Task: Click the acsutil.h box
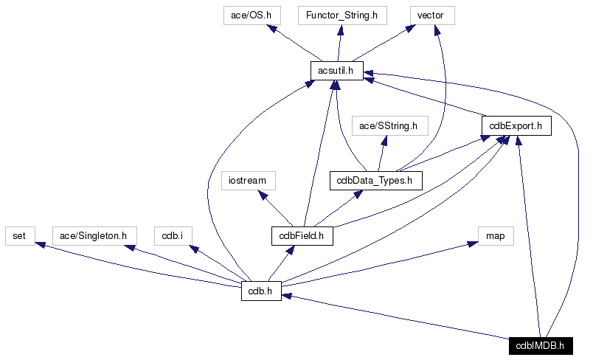pyautogui.click(x=336, y=71)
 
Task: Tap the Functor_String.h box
pyautogui.click(x=338, y=15)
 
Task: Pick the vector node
pyautogui.click(x=431, y=15)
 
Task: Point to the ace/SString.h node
pyautogui.click(x=389, y=126)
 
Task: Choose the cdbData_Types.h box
pyautogui.click(x=375, y=181)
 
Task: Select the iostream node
pyautogui.click(x=248, y=181)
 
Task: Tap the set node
pyautogui.click(x=19, y=236)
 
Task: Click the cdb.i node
pyautogui.click(x=173, y=236)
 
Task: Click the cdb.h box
pyautogui.click(x=260, y=291)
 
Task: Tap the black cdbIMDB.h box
pyautogui.click(x=540, y=345)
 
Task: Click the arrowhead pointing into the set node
pyautogui.click(x=43, y=245)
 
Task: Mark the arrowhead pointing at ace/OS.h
pyautogui.click(x=273, y=30)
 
